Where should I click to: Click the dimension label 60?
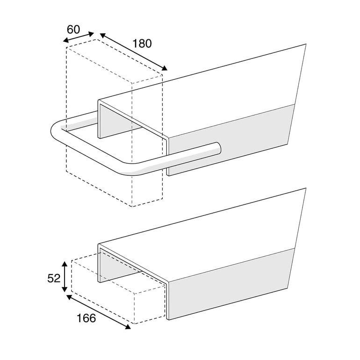point(73,29)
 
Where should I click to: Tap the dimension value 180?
point(142,43)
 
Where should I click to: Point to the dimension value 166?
point(86,318)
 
